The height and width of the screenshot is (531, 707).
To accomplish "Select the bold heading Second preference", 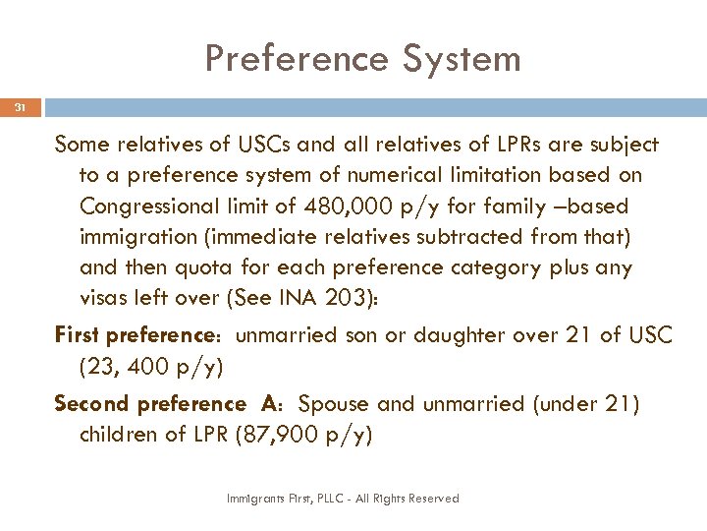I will pyautogui.click(x=150, y=404).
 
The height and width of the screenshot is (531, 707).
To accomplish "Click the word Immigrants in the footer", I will pyautogui.click(x=251, y=499).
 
